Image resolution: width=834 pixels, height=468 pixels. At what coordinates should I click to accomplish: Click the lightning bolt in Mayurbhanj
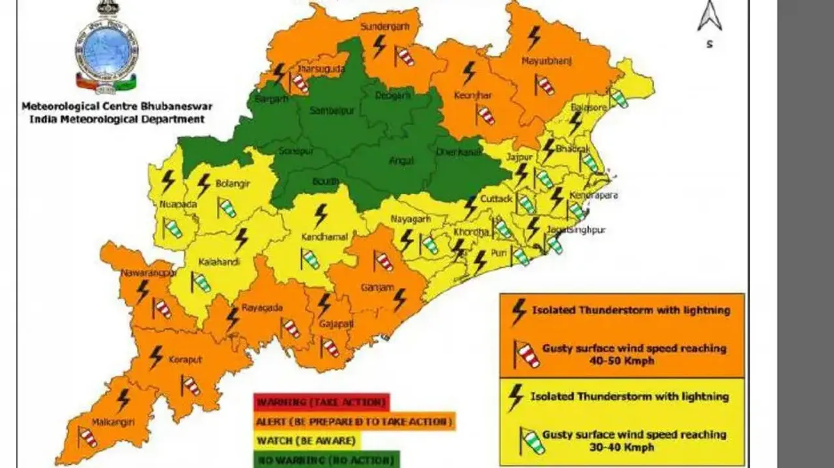(534, 37)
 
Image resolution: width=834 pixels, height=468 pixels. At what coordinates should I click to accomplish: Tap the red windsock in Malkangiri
(87, 437)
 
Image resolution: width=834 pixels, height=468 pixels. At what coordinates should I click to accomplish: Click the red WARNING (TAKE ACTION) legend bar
(321, 402)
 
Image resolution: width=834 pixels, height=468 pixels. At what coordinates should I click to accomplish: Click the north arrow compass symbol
(709, 18)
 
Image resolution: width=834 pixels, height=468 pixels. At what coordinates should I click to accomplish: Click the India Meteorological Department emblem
(106, 49)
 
